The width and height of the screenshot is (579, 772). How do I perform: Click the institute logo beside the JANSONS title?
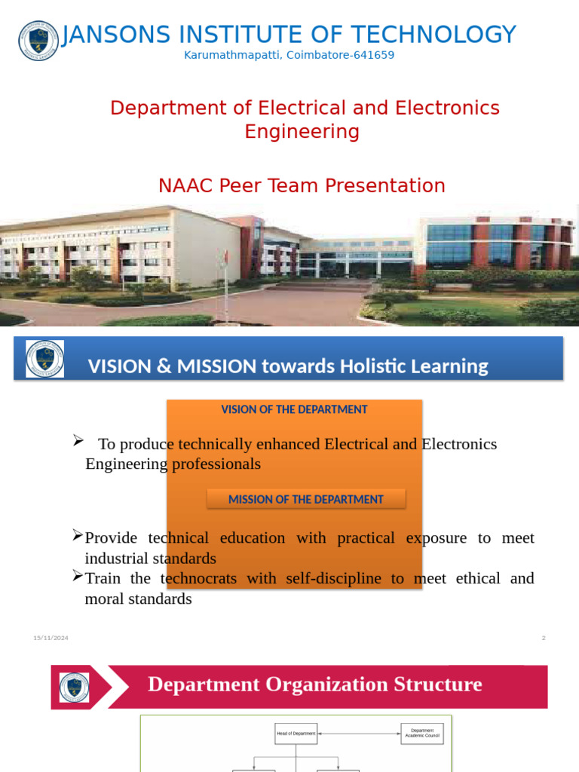pyautogui.click(x=38, y=41)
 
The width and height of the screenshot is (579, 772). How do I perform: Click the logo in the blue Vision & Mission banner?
pyautogui.click(x=45, y=359)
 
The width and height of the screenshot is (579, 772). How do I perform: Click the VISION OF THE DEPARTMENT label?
pyautogui.click(x=294, y=409)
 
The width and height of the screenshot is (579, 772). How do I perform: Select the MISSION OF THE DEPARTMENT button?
pyautogui.click(x=306, y=499)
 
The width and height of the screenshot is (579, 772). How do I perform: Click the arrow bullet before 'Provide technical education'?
pyautogui.click(x=78, y=535)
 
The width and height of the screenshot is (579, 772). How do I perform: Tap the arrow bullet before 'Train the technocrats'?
pyautogui.click(x=78, y=576)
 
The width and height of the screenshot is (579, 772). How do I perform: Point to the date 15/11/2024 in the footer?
pyautogui.click(x=51, y=638)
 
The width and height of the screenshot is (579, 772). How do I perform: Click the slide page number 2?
pyautogui.click(x=543, y=638)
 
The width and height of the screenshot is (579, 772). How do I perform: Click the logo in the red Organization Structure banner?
pyautogui.click(x=74, y=687)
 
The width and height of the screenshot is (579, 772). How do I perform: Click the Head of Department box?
pyautogui.click(x=296, y=734)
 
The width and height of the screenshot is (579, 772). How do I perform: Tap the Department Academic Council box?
pyautogui.click(x=421, y=733)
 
